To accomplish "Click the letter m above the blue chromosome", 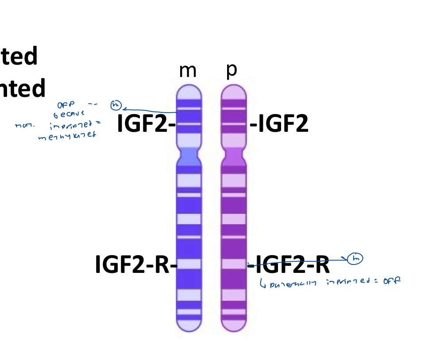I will coord(187,71).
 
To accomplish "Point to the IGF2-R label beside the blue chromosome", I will coord(135,264).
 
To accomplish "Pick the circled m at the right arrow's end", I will coord(355,258).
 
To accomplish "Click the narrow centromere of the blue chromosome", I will coord(189,156).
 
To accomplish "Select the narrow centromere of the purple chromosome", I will coord(233,156).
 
